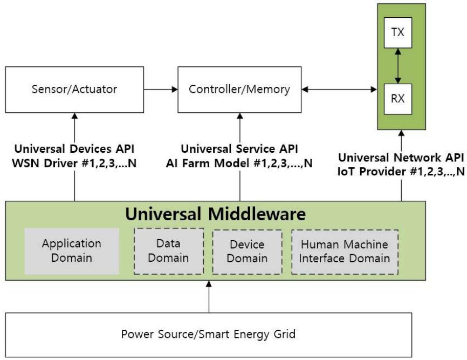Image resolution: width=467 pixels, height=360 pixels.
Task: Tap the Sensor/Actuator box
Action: click(75, 89)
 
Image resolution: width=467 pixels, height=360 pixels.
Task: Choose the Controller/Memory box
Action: click(239, 89)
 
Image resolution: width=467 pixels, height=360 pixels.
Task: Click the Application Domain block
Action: click(72, 250)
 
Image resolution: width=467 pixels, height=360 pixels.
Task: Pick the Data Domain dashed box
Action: click(169, 250)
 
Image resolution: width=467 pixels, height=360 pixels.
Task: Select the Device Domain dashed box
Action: click(247, 251)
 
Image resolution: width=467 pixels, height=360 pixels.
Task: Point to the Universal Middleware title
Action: click(216, 214)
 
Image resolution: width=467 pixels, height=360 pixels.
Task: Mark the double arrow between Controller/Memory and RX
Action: click(339, 89)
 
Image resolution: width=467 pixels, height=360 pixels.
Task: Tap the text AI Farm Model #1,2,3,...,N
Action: click(239, 162)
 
